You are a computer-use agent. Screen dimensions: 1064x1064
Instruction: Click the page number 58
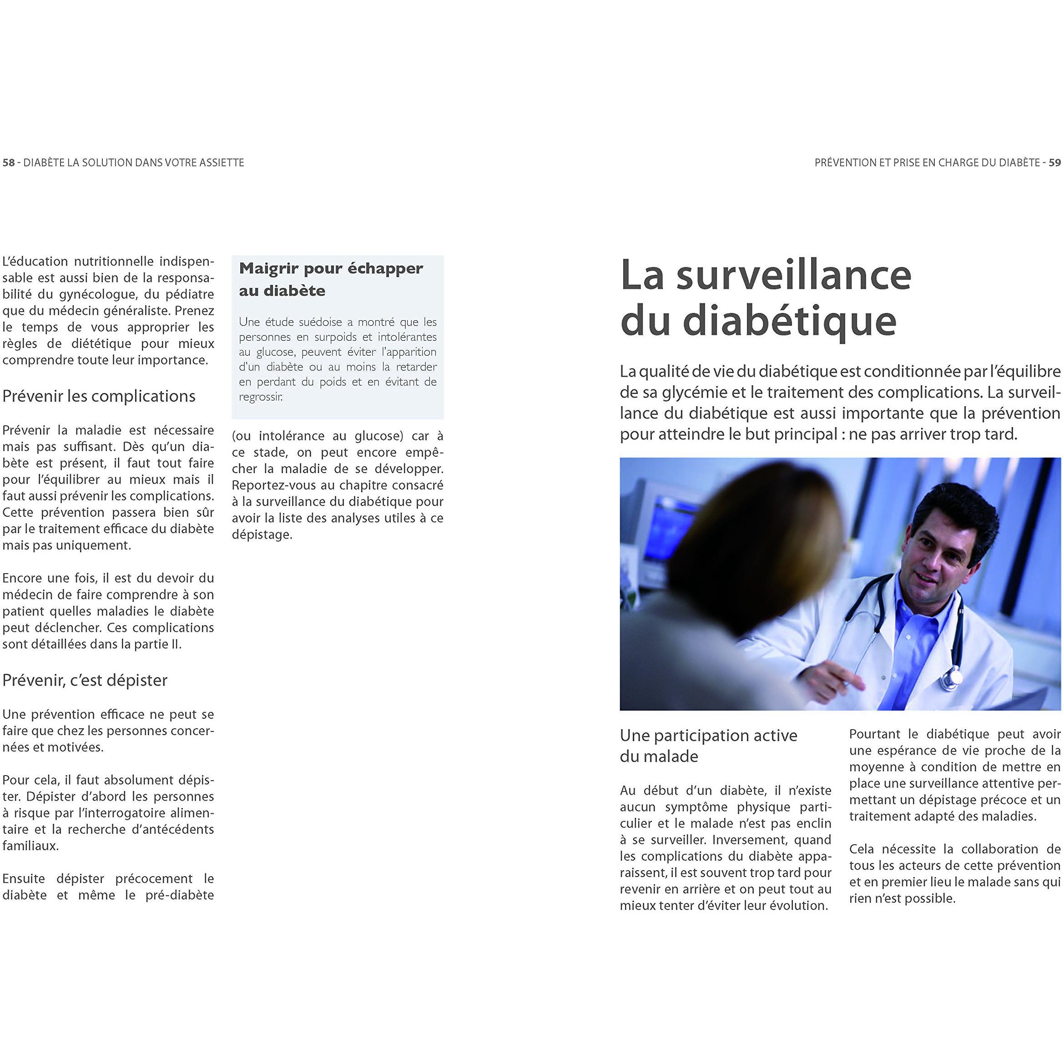(x=8, y=162)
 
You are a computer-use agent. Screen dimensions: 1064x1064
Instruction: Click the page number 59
(x=1054, y=162)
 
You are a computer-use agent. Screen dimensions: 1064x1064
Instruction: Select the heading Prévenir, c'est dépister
(x=84, y=680)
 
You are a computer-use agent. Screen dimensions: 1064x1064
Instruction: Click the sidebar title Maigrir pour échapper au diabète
(x=330, y=279)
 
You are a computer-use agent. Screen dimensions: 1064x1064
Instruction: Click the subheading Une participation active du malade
(x=708, y=746)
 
